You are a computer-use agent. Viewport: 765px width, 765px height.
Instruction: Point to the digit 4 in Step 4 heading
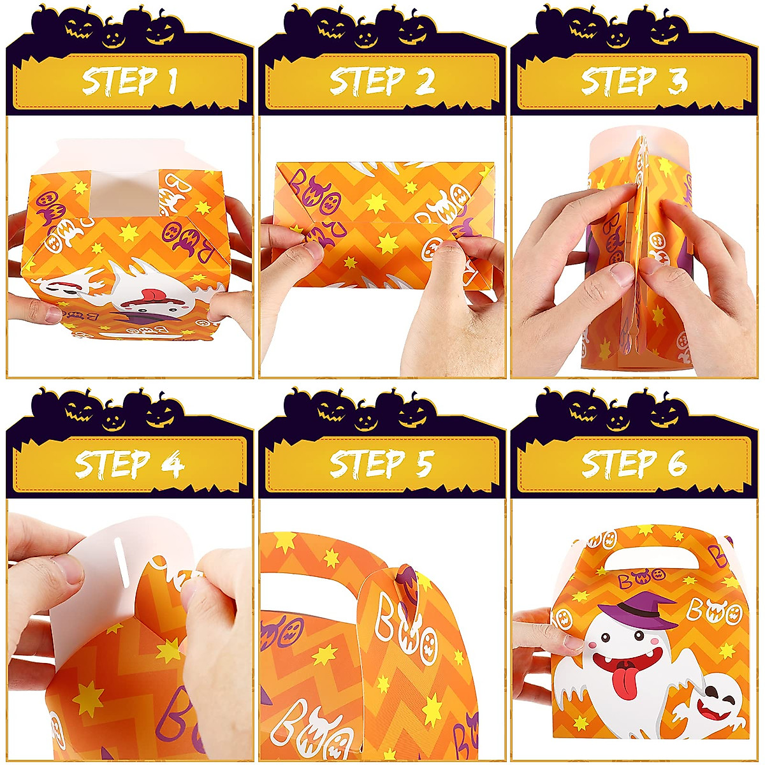(171, 464)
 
